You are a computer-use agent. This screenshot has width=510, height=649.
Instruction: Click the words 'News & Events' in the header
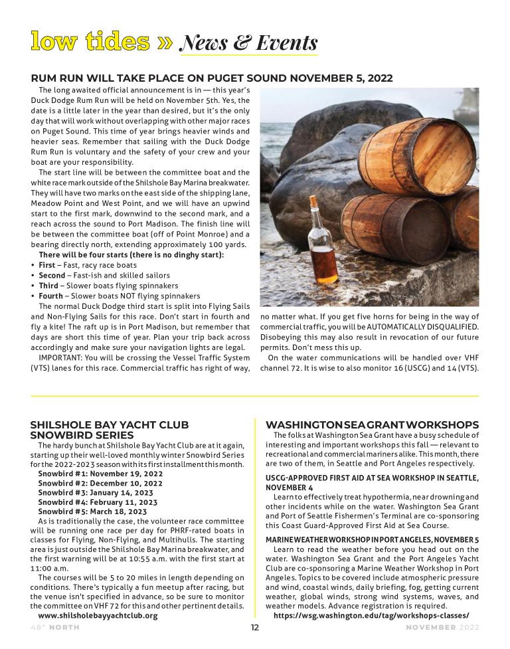(x=249, y=43)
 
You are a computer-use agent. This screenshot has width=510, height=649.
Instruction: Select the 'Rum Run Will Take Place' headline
(x=212, y=78)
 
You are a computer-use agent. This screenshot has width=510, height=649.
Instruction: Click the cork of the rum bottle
(x=314, y=199)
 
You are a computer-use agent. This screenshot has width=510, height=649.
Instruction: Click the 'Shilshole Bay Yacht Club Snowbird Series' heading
(x=110, y=430)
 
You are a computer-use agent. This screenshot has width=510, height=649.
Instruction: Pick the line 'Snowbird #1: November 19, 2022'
(x=100, y=474)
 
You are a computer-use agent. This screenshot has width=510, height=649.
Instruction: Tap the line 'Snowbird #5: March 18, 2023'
(x=92, y=511)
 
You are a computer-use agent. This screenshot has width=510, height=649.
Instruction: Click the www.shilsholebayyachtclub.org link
(x=98, y=615)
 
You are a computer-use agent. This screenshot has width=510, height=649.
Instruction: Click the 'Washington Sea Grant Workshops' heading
(x=372, y=424)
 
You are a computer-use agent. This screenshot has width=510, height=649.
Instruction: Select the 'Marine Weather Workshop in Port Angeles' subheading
(x=372, y=539)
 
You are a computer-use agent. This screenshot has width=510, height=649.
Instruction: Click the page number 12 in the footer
(x=254, y=628)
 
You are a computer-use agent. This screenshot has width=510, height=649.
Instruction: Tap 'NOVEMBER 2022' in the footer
(x=442, y=628)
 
